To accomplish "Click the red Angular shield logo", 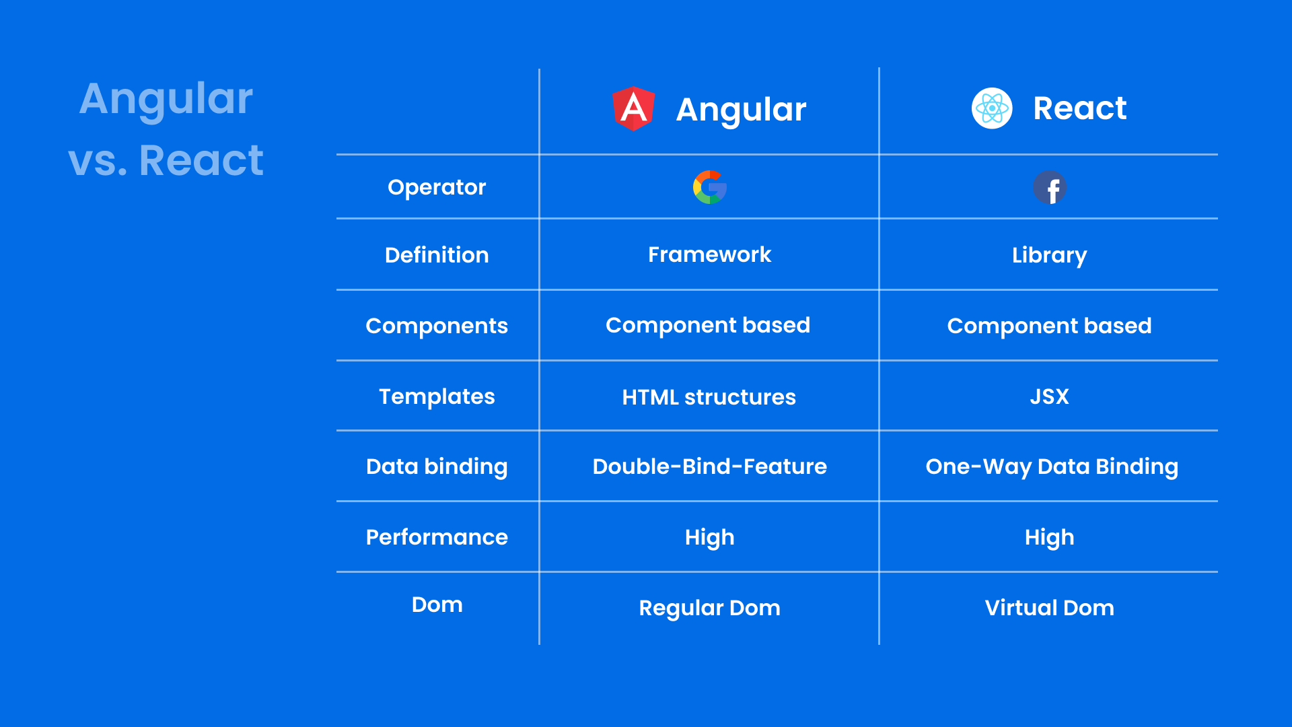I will pyautogui.click(x=633, y=108).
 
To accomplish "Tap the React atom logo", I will pyautogui.click(x=992, y=108).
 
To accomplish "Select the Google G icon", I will pyautogui.click(x=709, y=187).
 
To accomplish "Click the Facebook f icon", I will pyautogui.click(x=1050, y=188).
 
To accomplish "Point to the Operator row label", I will pyautogui.click(x=437, y=187).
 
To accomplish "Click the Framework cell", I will pyautogui.click(x=709, y=254).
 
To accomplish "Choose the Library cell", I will pyautogui.click(x=1049, y=255).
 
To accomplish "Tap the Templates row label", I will pyautogui.click(x=437, y=396).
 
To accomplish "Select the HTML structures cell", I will pyautogui.click(x=709, y=397).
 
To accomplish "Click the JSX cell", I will pyautogui.click(x=1049, y=396).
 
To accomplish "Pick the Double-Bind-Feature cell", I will pyautogui.click(x=709, y=466).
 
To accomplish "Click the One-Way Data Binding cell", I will pyautogui.click(x=1052, y=466).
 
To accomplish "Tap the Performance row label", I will pyautogui.click(x=437, y=537).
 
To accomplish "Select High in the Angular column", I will pyautogui.click(x=709, y=537).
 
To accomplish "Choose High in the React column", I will pyautogui.click(x=1049, y=537).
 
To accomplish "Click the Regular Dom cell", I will pyautogui.click(x=709, y=608).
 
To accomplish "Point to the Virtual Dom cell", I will pyautogui.click(x=1049, y=608).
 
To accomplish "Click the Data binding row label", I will pyautogui.click(x=437, y=466).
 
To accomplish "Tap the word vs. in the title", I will pyautogui.click(x=98, y=162).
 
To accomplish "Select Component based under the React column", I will pyautogui.click(x=1049, y=326).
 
